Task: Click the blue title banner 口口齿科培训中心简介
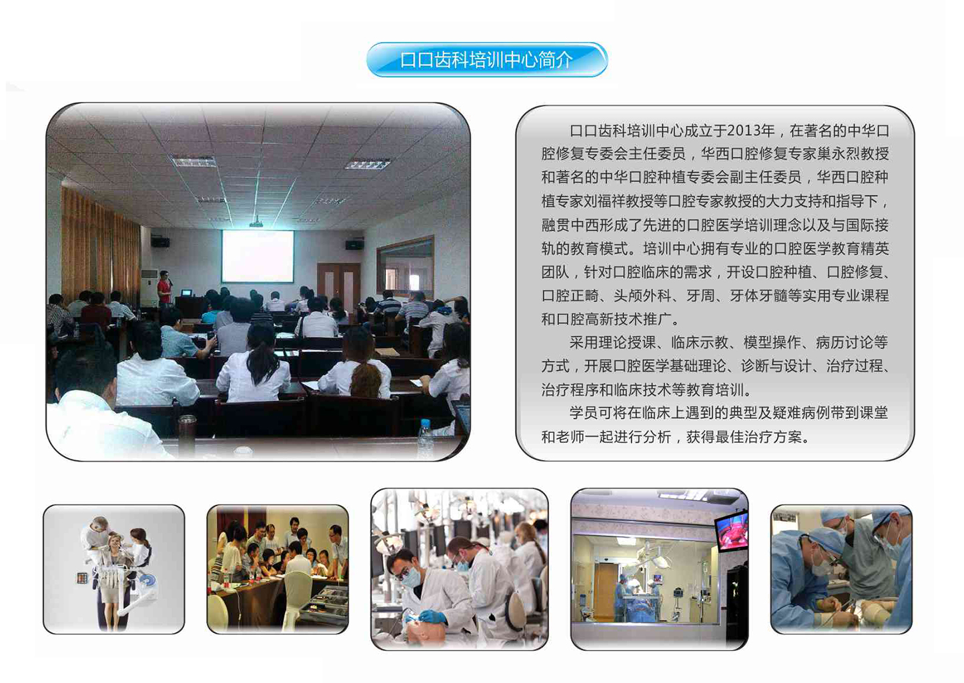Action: click(487, 59)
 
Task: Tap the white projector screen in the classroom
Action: click(258, 256)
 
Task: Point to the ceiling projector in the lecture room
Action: click(257, 223)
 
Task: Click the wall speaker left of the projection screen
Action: click(159, 241)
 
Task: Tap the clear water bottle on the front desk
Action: click(425, 439)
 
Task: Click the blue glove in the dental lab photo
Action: click(432, 616)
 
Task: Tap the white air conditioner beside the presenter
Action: click(149, 288)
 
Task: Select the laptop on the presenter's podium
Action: click(186, 293)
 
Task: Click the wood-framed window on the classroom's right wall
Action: click(405, 265)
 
